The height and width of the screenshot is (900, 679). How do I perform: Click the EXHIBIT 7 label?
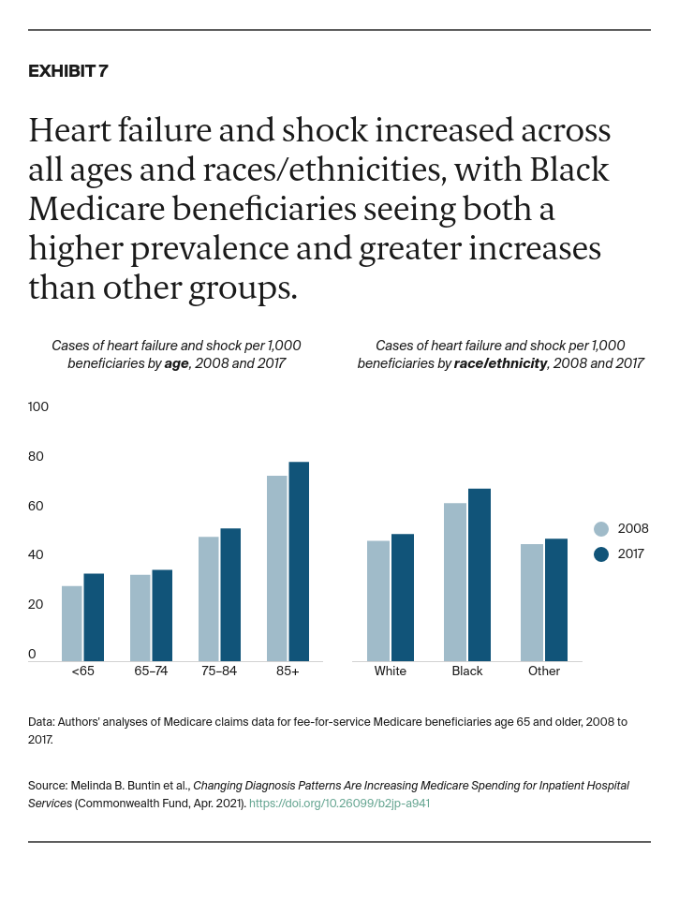[x=68, y=71]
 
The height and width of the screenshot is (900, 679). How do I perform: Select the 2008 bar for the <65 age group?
[x=72, y=624]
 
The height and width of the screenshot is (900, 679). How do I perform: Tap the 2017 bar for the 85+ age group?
[x=299, y=562]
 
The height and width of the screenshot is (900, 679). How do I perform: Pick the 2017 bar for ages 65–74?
[x=162, y=615]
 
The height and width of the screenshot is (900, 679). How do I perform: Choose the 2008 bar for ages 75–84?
[x=208, y=599]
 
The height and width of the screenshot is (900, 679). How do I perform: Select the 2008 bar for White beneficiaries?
[x=378, y=601]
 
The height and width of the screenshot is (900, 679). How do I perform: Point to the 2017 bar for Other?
[x=556, y=600]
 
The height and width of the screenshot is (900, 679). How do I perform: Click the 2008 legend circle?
[x=601, y=529]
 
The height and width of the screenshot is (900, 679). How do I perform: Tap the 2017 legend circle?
[x=601, y=554]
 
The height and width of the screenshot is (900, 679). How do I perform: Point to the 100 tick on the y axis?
[x=38, y=407]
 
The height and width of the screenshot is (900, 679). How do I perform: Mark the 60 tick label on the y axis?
[x=37, y=507]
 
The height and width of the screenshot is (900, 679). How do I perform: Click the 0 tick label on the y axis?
[x=32, y=655]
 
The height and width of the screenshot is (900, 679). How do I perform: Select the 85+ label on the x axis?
[x=288, y=671]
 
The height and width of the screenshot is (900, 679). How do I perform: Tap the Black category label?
[x=467, y=671]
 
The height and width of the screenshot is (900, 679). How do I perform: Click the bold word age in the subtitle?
[x=176, y=363]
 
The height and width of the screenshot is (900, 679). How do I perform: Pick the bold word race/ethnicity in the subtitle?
[x=500, y=363]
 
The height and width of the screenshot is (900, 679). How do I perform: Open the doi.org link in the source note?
[x=339, y=804]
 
